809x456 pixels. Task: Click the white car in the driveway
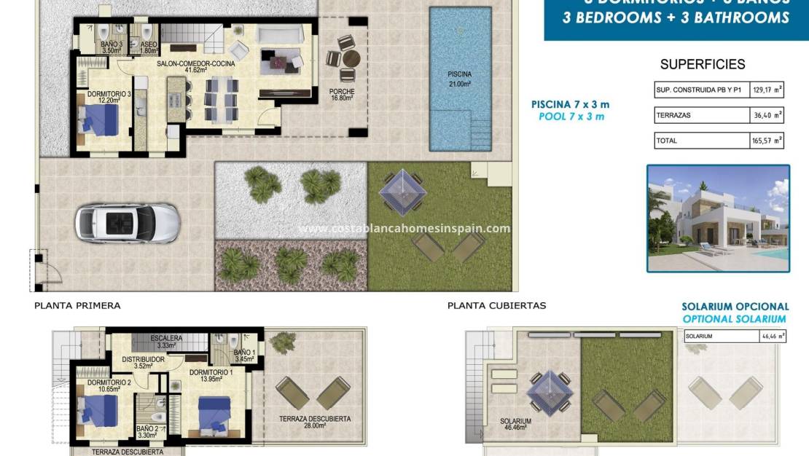127,222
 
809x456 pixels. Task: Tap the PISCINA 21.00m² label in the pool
459,79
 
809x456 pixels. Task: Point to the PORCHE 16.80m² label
342,95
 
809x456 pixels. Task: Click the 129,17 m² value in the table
767,90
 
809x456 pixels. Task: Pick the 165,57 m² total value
767,141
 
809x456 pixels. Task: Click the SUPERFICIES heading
703,65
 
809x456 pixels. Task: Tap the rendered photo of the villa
718,218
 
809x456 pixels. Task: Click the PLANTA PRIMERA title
77,306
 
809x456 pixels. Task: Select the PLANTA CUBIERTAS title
496,306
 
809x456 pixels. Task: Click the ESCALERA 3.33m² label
166,342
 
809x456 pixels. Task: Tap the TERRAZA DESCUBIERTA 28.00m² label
314,422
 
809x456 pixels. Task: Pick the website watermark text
404,229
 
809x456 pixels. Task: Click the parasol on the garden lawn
402,191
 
